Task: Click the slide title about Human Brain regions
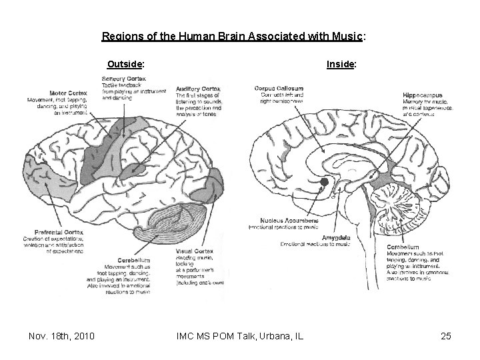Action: coord(234,37)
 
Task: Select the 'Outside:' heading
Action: coord(127,65)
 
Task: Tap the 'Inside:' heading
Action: coord(341,65)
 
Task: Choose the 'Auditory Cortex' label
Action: coord(198,89)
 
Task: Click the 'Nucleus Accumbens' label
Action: coord(276,220)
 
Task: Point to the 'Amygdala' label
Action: coord(335,237)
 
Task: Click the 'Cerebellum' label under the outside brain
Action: coord(131,260)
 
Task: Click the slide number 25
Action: coord(445,336)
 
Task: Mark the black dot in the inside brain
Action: coord(324,181)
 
